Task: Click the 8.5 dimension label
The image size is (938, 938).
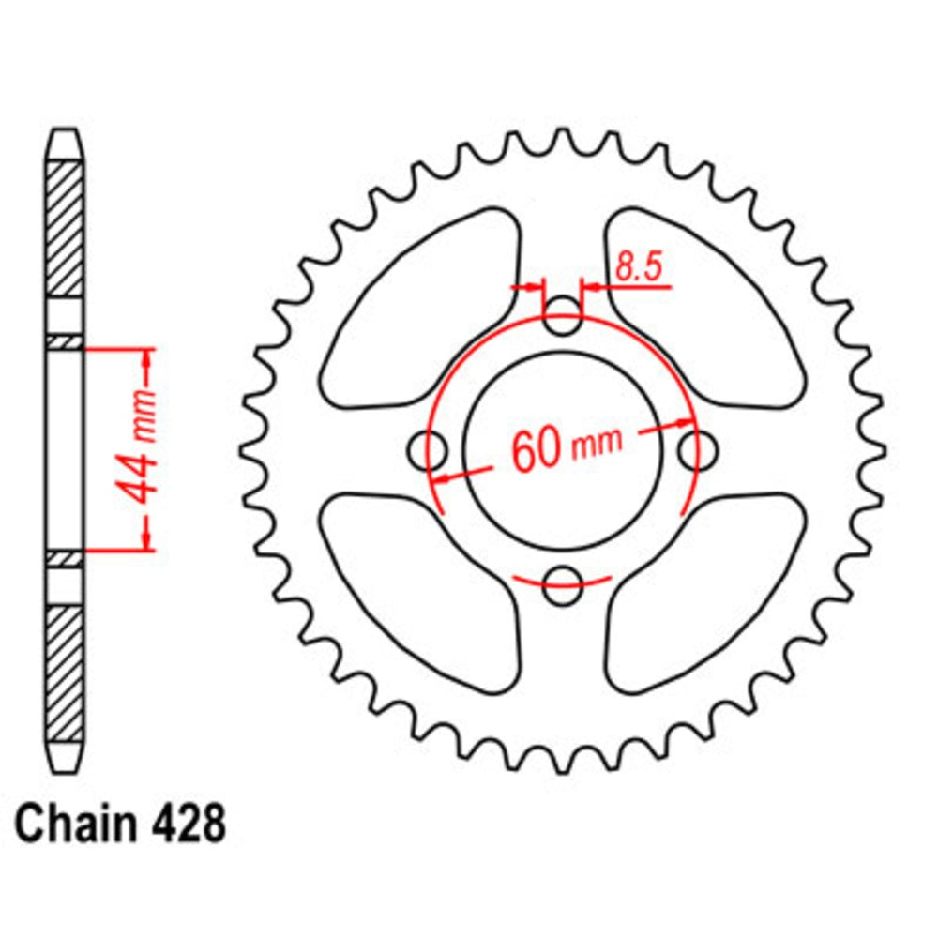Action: pyautogui.click(x=639, y=269)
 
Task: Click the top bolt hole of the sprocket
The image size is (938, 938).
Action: pyautogui.click(x=563, y=318)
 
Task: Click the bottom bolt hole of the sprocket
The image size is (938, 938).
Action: pyautogui.click(x=563, y=582)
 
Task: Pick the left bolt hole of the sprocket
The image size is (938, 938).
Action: pyautogui.click(x=431, y=449)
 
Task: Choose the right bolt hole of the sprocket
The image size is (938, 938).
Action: pyautogui.click(x=695, y=450)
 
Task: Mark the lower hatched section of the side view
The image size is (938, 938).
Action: pyautogui.click(x=65, y=671)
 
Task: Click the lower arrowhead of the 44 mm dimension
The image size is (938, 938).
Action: pyautogui.click(x=147, y=541)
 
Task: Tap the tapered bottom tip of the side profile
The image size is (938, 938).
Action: pyautogui.click(x=65, y=757)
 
